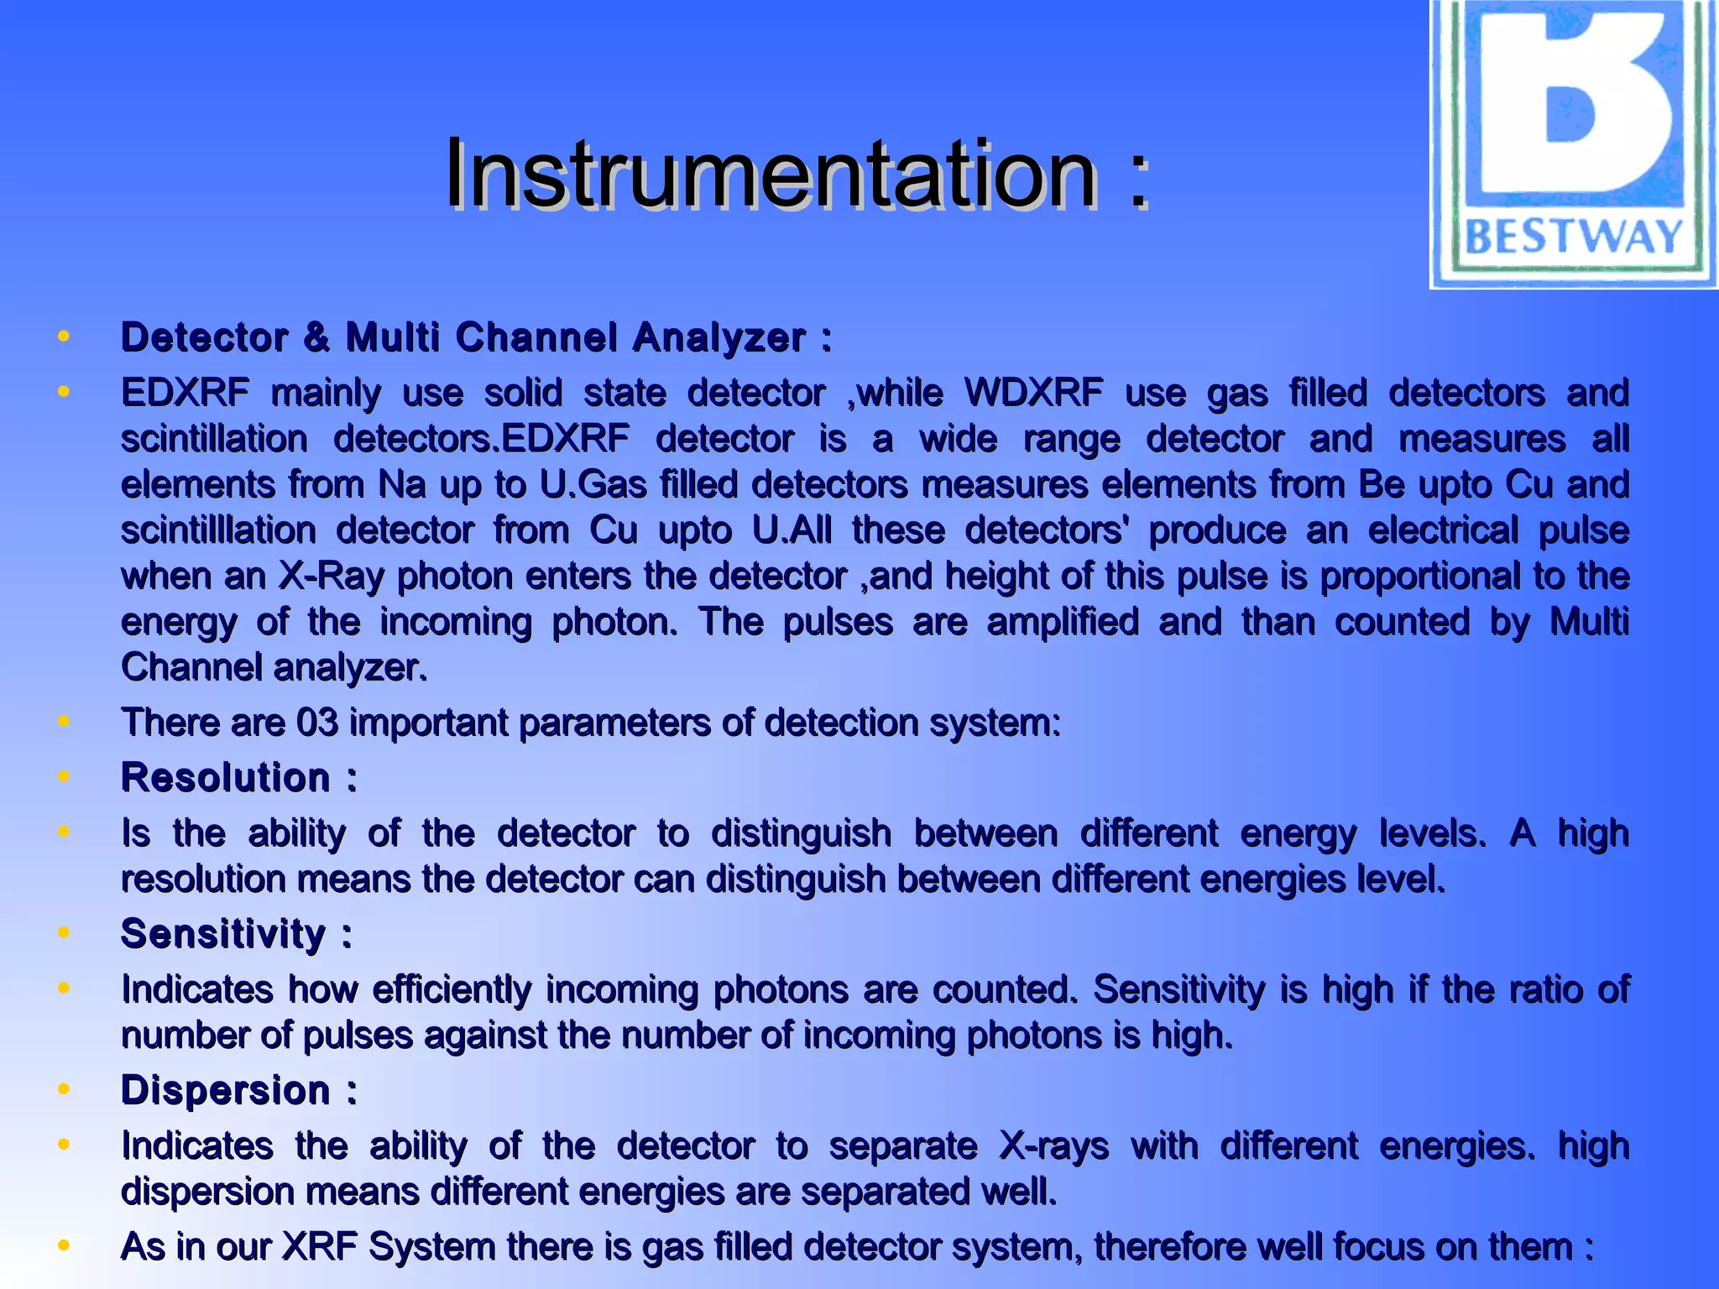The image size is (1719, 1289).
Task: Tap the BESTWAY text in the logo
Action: pyautogui.click(x=1573, y=237)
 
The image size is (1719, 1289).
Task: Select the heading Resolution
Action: pyautogui.click(x=226, y=777)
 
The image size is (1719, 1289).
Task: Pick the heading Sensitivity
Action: pyautogui.click(x=223, y=933)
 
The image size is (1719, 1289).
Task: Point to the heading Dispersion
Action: pyautogui.click(x=226, y=1090)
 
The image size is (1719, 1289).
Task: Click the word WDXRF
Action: pyautogui.click(x=1033, y=393)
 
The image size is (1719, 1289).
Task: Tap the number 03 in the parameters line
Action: pyautogui.click(x=317, y=723)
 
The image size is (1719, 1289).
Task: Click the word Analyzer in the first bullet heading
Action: pyautogui.click(x=719, y=337)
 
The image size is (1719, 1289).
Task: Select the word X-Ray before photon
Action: pyautogui.click(x=332, y=577)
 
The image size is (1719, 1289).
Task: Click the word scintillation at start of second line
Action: pyautogui.click(x=215, y=439)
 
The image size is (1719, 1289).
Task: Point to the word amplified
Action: pyautogui.click(x=1063, y=622)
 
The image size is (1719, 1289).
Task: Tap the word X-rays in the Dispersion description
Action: pyautogui.click(x=1053, y=1145)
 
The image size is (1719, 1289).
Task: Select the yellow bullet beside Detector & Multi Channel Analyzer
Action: pyautogui.click(x=63, y=337)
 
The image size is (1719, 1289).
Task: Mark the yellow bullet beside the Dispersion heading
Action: pyautogui.click(x=63, y=1090)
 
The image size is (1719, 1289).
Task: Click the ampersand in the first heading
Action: pyautogui.click(x=317, y=337)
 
